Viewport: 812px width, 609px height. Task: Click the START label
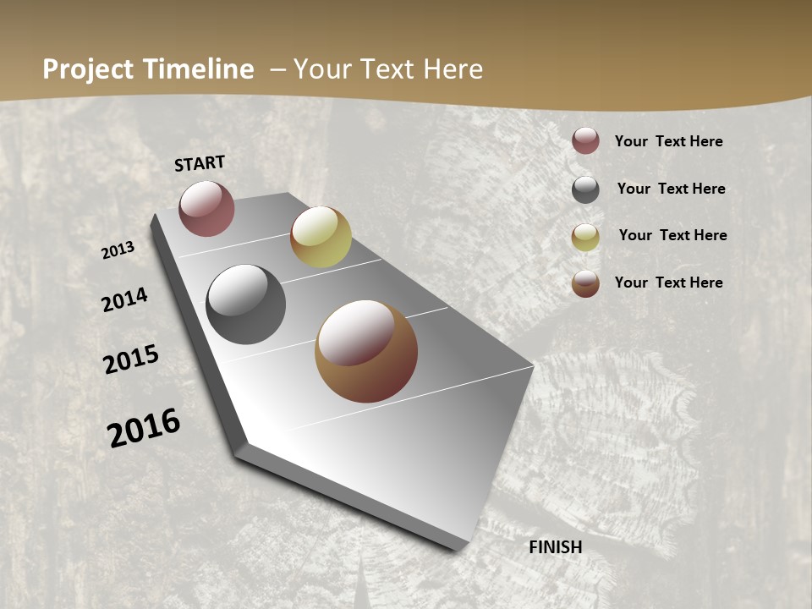tap(200, 163)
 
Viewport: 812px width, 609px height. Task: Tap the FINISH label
tap(555, 547)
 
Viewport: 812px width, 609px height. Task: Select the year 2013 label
tap(118, 250)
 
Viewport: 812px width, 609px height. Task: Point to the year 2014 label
tap(124, 300)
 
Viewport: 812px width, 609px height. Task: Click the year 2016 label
tap(144, 428)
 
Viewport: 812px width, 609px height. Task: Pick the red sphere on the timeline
tap(206, 209)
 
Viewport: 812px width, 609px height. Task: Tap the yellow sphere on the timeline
tap(321, 237)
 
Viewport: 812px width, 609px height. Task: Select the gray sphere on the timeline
tap(245, 304)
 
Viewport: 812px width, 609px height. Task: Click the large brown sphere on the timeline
tap(366, 351)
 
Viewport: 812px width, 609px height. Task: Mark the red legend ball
tap(585, 140)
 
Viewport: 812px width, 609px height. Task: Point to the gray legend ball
tap(585, 189)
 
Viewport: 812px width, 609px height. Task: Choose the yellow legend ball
tap(585, 237)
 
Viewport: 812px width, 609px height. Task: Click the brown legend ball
tap(585, 283)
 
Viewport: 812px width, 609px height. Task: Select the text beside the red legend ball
tap(668, 141)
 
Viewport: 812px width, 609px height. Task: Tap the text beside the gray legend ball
tap(671, 189)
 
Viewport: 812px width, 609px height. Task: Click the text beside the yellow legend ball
tap(672, 235)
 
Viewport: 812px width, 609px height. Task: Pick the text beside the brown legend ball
tap(668, 283)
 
